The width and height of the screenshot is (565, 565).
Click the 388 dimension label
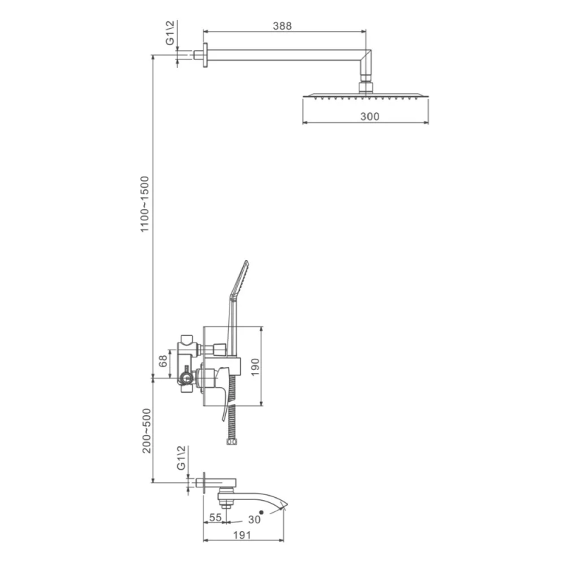point(282,26)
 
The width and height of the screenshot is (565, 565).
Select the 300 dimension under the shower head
point(369,117)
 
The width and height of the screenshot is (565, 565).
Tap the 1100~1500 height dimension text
point(145,204)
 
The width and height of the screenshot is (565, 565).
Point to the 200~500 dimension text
point(147,431)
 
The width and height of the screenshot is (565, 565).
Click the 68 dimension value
point(163,361)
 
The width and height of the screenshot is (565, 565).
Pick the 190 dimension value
point(255,367)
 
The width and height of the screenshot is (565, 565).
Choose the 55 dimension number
point(215,518)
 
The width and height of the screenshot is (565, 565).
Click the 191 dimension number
point(242,535)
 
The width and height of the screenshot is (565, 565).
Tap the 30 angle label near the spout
point(254,519)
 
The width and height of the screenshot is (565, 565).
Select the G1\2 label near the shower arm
point(169,33)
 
